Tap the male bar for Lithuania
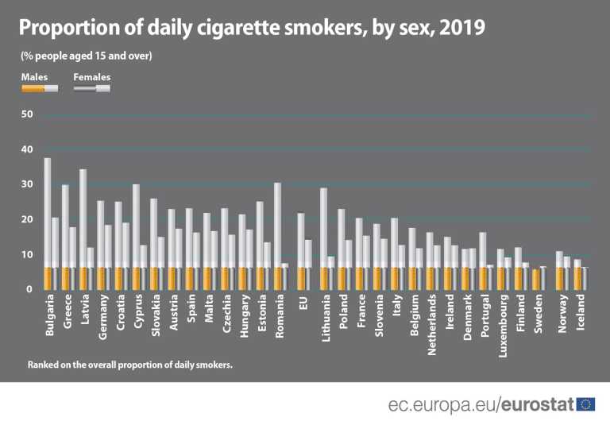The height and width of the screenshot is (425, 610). tap(324, 238)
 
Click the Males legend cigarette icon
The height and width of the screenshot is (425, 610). tap(40, 88)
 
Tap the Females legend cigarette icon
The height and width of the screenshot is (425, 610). tap(92, 88)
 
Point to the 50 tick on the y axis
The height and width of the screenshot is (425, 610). tap(27, 114)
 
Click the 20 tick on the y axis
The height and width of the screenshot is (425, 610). tap(27, 219)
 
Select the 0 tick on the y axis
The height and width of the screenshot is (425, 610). tap(29, 289)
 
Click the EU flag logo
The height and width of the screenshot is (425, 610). tap(586, 404)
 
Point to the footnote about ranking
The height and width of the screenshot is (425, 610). tap(129, 365)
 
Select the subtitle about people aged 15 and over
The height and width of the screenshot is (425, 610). tap(86, 56)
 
